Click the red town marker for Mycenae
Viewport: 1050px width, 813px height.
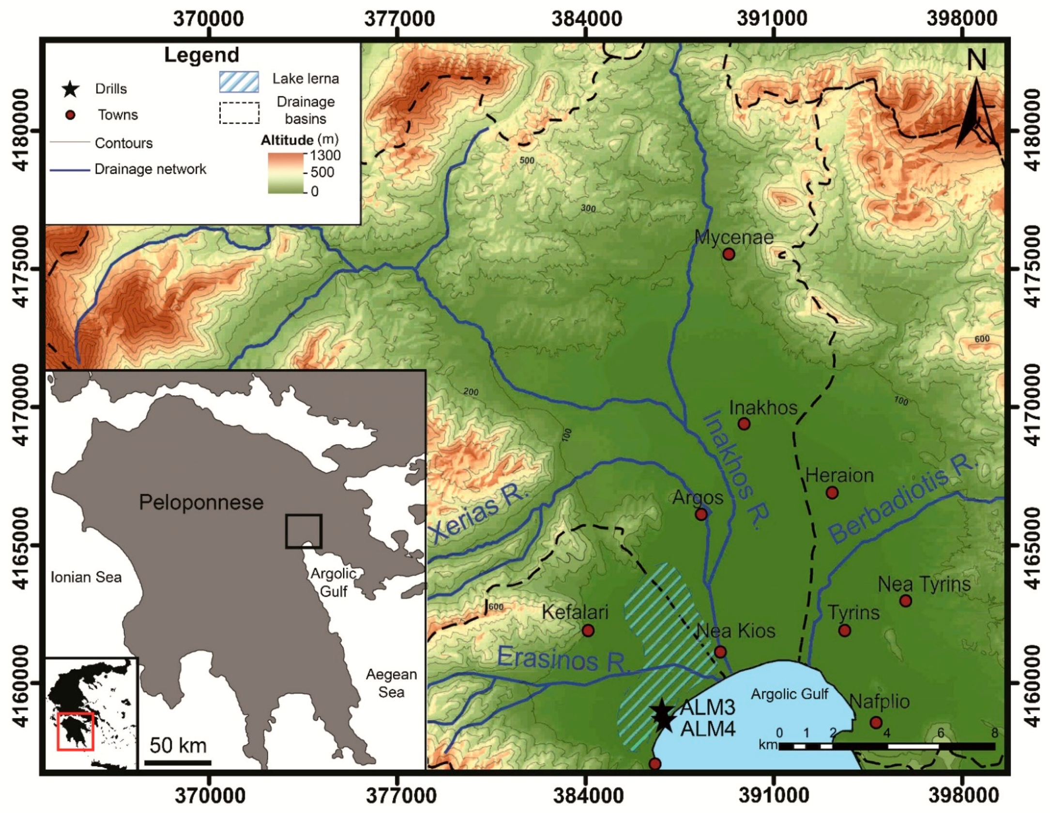(729, 254)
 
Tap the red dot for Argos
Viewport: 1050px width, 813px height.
(701, 514)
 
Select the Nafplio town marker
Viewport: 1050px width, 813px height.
(876, 722)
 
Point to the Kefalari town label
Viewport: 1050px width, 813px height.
(575, 612)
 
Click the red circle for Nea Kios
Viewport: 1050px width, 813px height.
(720, 652)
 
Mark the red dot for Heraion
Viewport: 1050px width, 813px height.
(832, 493)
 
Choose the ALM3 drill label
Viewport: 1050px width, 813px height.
(708, 708)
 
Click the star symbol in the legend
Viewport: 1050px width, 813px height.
(71, 89)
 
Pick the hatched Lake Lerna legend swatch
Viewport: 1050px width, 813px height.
(239, 81)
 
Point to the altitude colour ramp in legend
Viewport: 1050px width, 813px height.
(286, 173)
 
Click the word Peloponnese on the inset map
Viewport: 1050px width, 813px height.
(201, 502)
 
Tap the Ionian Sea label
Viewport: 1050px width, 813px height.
(86, 577)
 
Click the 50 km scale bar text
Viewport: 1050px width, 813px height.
(178, 745)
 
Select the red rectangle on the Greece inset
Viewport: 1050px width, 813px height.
(75, 732)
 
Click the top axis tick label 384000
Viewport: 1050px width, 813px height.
(586, 18)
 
